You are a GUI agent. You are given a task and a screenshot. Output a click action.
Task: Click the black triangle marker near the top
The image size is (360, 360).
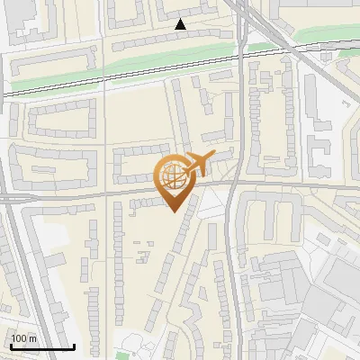click(180, 24)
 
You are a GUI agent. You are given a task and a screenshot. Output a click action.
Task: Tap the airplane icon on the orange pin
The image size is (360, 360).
click(194, 165)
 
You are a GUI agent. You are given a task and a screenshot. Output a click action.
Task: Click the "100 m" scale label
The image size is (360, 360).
click(24, 338)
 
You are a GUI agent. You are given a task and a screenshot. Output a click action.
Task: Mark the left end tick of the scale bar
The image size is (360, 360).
click(10, 346)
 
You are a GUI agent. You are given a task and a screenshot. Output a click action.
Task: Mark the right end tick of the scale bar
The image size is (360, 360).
click(74, 346)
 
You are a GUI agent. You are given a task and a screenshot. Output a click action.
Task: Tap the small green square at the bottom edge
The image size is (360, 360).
click(121, 355)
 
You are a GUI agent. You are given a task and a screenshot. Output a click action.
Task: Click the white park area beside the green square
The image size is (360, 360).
click(135, 343)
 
